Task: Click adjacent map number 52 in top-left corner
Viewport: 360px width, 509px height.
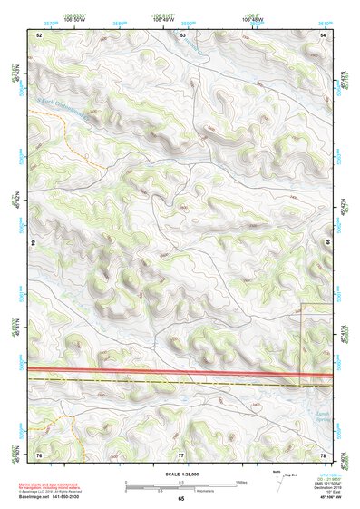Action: pos(39,34)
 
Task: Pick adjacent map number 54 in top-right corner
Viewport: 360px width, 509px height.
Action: pos(323,34)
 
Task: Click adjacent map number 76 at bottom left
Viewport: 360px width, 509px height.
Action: pos(39,453)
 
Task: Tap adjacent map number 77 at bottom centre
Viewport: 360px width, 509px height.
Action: pos(181,453)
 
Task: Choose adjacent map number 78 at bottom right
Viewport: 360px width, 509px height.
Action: pos(323,453)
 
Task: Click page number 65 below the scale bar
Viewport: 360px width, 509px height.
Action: pos(181,499)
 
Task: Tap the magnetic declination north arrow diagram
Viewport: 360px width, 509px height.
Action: pos(277,479)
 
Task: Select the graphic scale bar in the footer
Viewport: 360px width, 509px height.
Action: pos(181,485)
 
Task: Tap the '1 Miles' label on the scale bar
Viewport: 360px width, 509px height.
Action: pos(241,481)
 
